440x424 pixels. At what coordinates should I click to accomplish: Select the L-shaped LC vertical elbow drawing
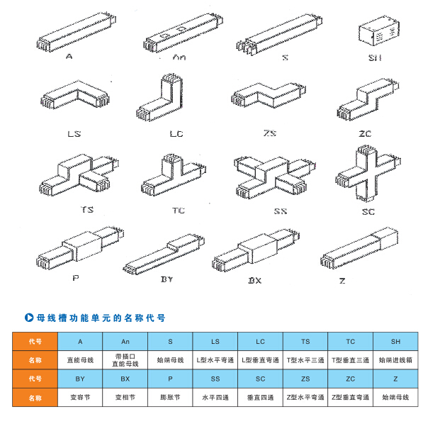[167, 99]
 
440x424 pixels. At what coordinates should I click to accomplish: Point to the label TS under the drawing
[88, 210]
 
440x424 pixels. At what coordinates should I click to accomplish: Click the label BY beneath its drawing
[167, 279]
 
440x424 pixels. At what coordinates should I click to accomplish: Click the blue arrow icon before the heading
[30, 317]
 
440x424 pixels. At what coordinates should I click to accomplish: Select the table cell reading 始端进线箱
[395, 360]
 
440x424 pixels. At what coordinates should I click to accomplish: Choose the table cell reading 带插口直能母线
[125, 360]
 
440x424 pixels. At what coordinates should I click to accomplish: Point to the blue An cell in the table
[125, 341]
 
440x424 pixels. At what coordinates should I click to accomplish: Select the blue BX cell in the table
[125, 379]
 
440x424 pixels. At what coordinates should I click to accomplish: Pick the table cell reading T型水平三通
[305, 360]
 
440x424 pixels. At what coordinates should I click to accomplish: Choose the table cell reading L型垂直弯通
[260, 360]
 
